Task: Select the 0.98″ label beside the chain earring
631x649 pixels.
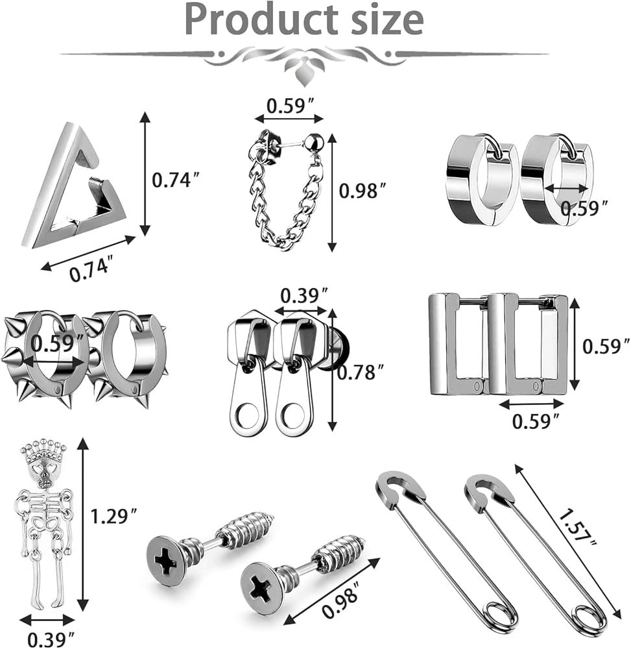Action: click(x=363, y=191)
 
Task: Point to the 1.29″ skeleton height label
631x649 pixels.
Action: click(x=113, y=517)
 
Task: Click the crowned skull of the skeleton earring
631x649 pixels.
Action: click(x=43, y=463)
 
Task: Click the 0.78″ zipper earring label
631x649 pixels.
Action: click(x=361, y=373)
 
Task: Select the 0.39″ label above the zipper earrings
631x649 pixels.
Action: click(x=304, y=296)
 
